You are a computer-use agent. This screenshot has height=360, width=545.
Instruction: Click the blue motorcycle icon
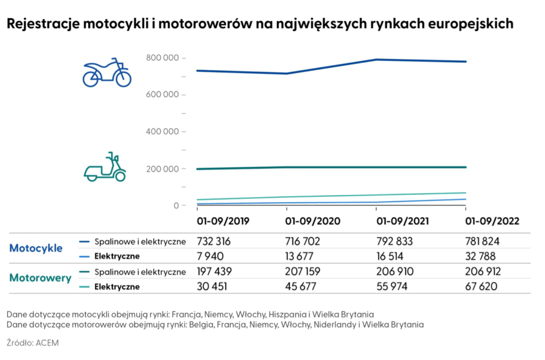pyautogui.click(x=106, y=73)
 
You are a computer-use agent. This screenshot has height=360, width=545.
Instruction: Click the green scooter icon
pyautogui.click(x=105, y=168)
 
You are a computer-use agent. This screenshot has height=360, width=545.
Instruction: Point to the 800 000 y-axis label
pyautogui.click(x=163, y=57)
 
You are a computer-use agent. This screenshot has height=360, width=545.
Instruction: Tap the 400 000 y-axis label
pyautogui.click(x=163, y=131)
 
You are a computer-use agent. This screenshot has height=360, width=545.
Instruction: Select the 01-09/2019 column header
pyautogui.click(x=222, y=221)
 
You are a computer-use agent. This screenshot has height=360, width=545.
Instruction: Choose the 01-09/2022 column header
pyautogui.click(x=492, y=221)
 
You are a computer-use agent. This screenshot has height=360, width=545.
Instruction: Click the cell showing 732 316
pyautogui.click(x=214, y=241)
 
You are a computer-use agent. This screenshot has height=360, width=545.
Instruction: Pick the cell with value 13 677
pyautogui.click(x=302, y=256)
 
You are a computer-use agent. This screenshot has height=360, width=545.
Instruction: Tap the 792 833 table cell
pyautogui.click(x=394, y=241)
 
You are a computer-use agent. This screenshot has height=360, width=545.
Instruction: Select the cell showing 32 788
pyautogui.click(x=483, y=256)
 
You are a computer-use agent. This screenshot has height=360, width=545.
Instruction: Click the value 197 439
pyautogui.click(x=214, y=272)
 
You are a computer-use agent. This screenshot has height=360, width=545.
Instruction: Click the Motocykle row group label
pyautogui.click(x=36, y=248)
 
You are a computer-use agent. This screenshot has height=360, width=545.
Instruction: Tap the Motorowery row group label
pyautogui.click(x=40, y=278)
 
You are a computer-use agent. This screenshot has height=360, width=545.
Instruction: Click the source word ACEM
pyautogui.click(x=47, y=343)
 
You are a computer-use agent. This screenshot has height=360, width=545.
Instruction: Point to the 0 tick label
pyautogui.click(x=176, y=205)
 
